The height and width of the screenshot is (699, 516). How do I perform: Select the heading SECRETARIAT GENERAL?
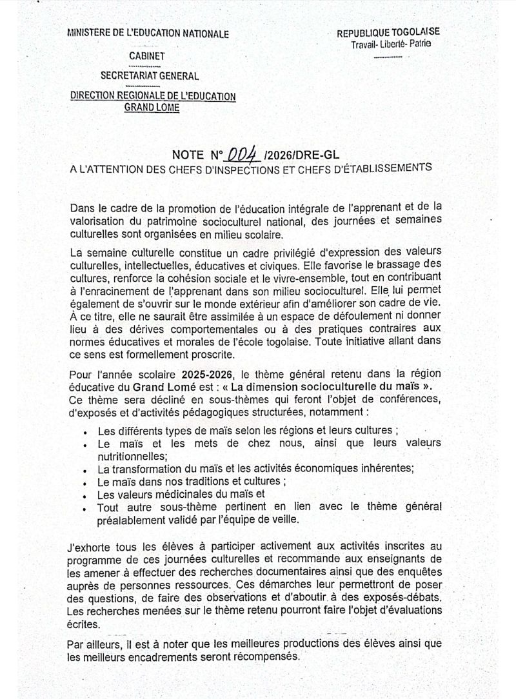point(149,77)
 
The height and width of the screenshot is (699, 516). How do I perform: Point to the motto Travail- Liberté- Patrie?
point(392,44)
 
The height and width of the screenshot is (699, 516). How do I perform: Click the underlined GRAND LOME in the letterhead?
point(152,107)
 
